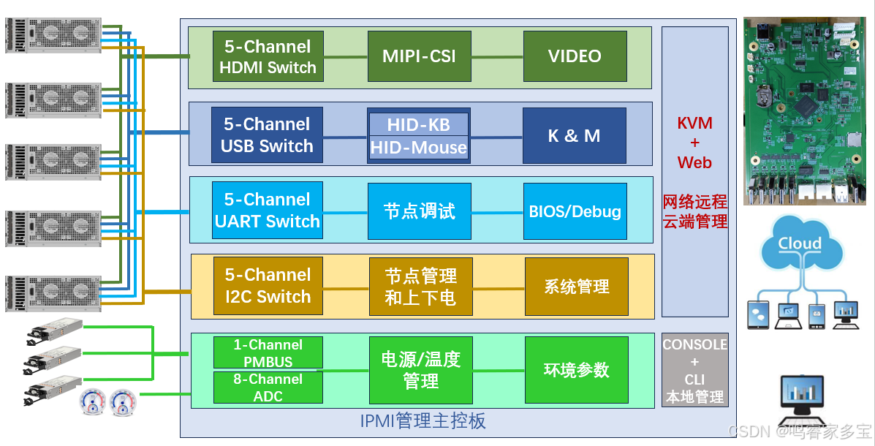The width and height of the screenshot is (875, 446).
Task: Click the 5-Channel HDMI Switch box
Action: pos(268,56)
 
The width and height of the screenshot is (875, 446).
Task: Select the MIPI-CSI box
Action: pos(419,56)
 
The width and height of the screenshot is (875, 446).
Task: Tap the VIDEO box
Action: pos(575,56)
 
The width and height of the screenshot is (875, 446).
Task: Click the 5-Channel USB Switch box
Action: pos(268,135)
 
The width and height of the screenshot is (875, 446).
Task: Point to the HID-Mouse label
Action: pos(418,148)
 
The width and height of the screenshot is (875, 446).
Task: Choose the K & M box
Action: pos(574,135)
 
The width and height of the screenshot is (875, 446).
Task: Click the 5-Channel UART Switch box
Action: pos(268,211)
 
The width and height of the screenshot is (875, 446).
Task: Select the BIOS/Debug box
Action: pos(575,211)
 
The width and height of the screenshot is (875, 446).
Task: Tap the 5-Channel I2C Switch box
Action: pos(268,286)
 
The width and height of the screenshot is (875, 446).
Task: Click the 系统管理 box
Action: pos(576,287)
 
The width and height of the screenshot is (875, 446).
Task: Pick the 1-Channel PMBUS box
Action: pos(268,352)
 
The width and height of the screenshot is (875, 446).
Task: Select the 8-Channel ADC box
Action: pos(268,388)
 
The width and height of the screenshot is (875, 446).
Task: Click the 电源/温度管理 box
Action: pos(420,370)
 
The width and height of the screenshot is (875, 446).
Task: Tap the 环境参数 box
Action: pos(576,370)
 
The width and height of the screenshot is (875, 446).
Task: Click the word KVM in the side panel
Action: pos(694,123)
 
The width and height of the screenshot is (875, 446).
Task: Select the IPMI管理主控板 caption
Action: pos(423,421)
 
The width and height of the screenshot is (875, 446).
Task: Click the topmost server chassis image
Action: pos(53,35)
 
